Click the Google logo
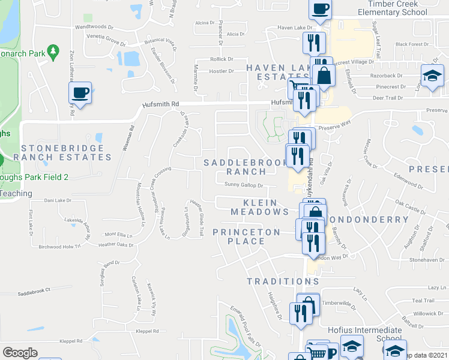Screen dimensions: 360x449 pos(20,353)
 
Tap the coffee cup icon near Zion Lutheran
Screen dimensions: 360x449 pos(79,93)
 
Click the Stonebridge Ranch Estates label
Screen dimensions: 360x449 pos(66,152)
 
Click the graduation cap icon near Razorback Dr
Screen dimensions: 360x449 pos(432,77)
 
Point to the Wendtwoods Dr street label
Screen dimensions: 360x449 pos(94,27)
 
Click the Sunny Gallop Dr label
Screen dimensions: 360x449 pos(244,185)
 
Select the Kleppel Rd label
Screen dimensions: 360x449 pos(147,331)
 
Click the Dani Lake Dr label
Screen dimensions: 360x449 pos(58,200)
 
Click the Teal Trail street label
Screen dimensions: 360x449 pos(423,301)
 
